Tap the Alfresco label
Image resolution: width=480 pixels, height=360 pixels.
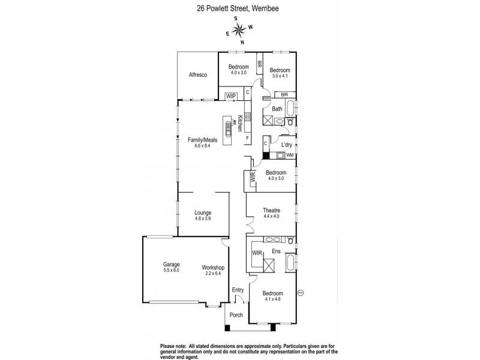pyautogui.click(x=197, y=74)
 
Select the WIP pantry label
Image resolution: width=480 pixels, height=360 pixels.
pyautogui.click(x=230, y=95)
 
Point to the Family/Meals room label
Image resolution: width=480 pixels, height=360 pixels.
pyautogui.click(x=202, y=140)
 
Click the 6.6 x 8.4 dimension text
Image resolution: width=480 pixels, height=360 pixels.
pyautogui.click(x=202, y=146)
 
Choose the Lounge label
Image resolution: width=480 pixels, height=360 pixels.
pyautogui.click(x=202, y=212)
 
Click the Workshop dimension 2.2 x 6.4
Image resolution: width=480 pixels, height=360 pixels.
pyautogui.click(x=212, y=274)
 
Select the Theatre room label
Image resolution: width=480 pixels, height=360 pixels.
pyautogui.click(x=272, y=210)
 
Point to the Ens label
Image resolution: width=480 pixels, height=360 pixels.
pyautogui.click(x=277, y=252)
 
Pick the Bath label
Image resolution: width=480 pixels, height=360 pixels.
pyautogui.click(x=277, y=109)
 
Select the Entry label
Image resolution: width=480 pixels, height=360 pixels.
pyautogui.click(x=238, y=290)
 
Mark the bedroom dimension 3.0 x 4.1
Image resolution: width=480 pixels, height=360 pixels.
pyautogui.click(x=280, y=76)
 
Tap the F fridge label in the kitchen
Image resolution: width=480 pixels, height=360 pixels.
pyautogui.click(x=247, y=137)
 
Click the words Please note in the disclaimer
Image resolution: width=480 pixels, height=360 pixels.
pyautogui.click(x=173, y=345)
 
